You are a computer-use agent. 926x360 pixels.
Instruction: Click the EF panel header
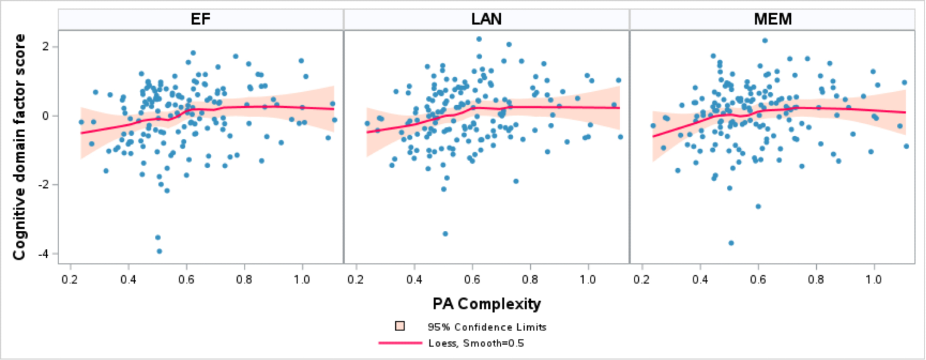[x=201, y=19]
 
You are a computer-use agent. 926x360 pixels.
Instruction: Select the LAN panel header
[x=486, y=19]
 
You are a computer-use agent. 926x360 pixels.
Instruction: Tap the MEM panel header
[x=773, y=19]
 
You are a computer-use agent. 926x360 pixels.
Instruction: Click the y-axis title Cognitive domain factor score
[x=19, y=147]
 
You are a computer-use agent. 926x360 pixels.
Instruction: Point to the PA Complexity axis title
[x=486, y=304]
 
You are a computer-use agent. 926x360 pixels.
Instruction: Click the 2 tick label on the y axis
[x=45, y=46]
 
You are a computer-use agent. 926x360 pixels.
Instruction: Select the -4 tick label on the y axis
[x=43, y=254]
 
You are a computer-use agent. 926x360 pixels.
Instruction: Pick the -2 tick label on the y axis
[x=43, y=185]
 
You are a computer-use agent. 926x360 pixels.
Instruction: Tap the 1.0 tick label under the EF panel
[x=302, y=279]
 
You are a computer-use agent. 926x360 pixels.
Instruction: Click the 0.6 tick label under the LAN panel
[x=472, y=279]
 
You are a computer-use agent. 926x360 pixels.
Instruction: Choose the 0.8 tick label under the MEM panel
[x=816, y=279]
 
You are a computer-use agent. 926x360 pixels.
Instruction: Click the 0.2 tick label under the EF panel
[x=70, y=279]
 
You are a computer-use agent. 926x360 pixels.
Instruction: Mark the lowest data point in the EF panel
[x=159, y=251]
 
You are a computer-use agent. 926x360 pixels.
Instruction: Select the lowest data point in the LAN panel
[x=445, y=234]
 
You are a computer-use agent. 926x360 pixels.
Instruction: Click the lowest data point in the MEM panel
[x=731, y=243]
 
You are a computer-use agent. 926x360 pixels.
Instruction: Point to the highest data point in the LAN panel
[x=479, y=39]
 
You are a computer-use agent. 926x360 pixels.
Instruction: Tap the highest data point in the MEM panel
[x=765, y=41]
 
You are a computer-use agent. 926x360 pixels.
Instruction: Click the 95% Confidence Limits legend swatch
[x=400, y=326]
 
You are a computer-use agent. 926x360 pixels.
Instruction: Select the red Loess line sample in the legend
[x=400, y=343]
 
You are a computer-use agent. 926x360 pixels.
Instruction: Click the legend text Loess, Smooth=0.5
[x=476, y=343]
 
